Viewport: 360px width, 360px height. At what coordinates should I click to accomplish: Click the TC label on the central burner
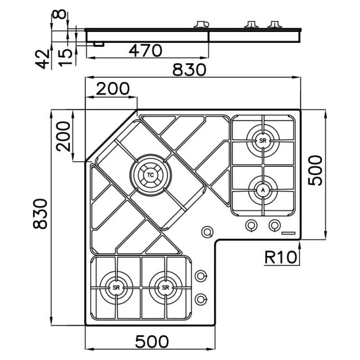click(x=150, y=175)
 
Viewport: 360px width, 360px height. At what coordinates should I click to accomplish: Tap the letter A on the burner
click(x=263, y=190)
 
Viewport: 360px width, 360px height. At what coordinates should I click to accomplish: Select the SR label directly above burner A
click(x=263, y=141)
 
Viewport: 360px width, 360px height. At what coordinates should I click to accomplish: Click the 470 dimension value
click(x=145, y=51)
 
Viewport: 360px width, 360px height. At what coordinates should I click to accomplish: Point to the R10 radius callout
click(x=280, y=257)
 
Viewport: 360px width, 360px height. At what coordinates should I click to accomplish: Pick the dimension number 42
click(x=42, y=59)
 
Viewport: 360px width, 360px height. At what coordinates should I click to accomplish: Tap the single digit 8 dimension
click(x=59, y=14)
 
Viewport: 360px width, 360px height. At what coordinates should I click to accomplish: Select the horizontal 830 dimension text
click(x=189, y=70)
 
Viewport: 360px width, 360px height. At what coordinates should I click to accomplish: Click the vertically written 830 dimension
click(x=40, y=214)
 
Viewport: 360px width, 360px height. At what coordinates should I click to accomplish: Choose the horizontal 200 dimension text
click(x=113, y=88)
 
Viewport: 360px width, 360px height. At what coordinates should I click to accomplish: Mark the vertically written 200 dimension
click(x=63, y=136)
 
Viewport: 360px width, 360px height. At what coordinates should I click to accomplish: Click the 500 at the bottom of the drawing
click(x=152, y=342)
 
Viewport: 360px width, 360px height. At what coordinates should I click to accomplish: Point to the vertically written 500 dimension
click(x=315, y=170)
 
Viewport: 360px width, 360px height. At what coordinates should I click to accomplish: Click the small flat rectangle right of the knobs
click(x=288, y=233)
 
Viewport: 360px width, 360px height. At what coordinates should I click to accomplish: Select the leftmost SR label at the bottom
click(x=116, y=287)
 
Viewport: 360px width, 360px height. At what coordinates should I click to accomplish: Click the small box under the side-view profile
click(x=99, y=44)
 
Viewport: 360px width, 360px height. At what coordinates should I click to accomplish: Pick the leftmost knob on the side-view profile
click(x=201, y=25)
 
